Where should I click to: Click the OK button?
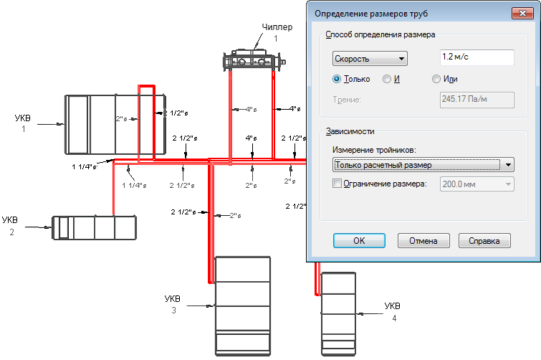[x=359, y=240]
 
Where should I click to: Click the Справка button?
[x=484, y=240]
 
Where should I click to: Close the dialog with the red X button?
[x=522, y=14]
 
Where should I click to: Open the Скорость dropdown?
[x=370, y=59]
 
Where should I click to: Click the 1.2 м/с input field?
[x=477, y=57]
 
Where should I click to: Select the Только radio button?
[x=336, y=79]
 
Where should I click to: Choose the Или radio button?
[x=436, y=79]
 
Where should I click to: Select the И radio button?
[x=387, y=79]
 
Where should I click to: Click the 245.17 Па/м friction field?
[x=477, y=100]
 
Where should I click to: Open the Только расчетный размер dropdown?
[x=423, y=165]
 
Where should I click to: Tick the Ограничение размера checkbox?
[x=337, y=184]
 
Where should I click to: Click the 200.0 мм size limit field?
[x=477, y=184]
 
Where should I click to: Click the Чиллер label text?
[x=277, y=27]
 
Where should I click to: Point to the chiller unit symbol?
[x=254, y=61]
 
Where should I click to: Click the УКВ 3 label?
[x=173, y=304]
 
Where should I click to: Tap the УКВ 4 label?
[x=392, y=312]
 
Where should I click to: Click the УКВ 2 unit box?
[x=94, y=227]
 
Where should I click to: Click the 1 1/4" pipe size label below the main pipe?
[x=134, y=185]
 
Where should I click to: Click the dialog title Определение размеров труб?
[x=371, y=14]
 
